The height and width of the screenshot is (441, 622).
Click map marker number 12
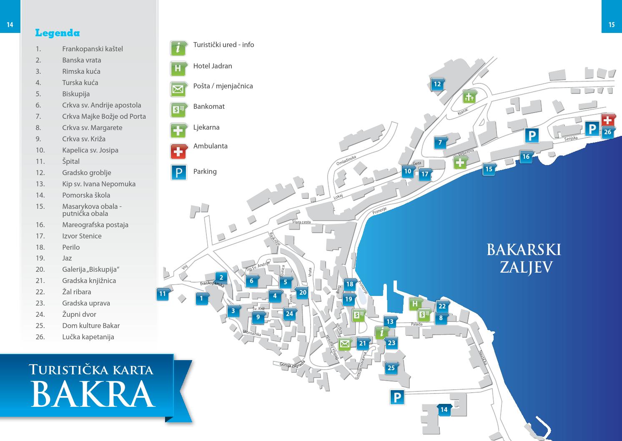coord(437,84)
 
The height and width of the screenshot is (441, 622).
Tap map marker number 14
coord(444,410)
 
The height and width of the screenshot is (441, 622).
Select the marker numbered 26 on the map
coord(607,133)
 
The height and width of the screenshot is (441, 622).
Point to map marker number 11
coord(163,294)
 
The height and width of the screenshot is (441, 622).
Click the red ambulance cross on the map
coord(608,120)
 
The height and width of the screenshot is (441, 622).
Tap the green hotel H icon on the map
coord(415,304)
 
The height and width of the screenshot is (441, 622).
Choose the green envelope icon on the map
coord(344,344)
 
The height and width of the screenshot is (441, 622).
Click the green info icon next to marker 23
coord(381,333)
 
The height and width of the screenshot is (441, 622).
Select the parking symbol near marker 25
coord(397,397)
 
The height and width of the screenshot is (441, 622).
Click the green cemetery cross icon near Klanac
coord(469,97)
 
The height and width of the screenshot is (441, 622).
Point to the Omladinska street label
coord(346,160)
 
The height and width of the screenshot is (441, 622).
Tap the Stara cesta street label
coord(301,222)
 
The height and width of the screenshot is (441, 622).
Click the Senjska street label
coord(571,138)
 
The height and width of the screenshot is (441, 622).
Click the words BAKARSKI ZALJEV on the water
coord(524,258)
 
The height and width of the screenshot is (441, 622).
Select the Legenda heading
coord(58,33)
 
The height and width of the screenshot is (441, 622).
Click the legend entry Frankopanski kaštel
coord(93,49)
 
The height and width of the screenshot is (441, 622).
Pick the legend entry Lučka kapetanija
coord(88,337)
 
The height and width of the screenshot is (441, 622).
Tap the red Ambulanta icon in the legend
coord(178,151)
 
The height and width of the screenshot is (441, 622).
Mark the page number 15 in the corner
coord(612,25)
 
